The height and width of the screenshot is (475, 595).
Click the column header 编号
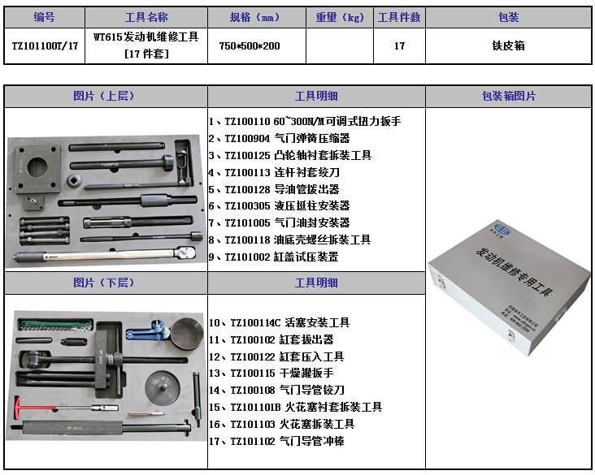click(x=45, y=17)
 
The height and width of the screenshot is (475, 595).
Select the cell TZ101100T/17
click(x=45, y=46)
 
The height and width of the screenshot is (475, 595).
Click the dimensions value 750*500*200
click(x=250, y=46)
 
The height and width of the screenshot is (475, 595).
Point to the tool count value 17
click(x=399, y=46)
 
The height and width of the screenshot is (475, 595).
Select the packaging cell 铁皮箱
click(x=508, y=46)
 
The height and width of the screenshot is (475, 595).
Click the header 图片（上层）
click(x=106, y=97)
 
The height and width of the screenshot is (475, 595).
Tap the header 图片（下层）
click(x=106, y=283)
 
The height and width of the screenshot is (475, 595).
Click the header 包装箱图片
click(x=508, y=97)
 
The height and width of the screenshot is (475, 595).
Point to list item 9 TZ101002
click(x=273, y=257)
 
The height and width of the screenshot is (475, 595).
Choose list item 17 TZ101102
click(x=276, y=441)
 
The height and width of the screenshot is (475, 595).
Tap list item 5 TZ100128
click(x=273, y=189)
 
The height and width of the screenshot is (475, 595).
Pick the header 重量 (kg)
click(x=340, y=17)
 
